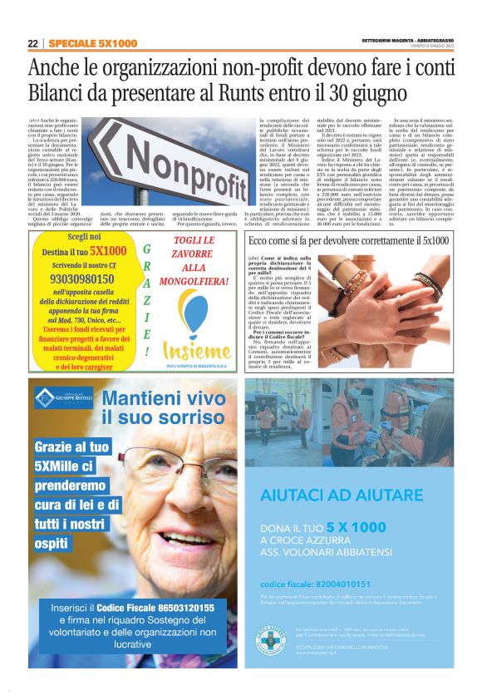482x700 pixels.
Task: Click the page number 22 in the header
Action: pos(32,43)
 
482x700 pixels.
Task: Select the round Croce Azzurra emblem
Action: pos(269,641)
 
